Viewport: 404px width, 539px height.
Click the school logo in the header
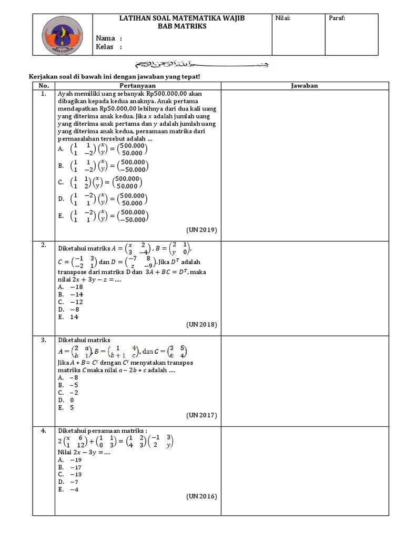click(x=62, y=34)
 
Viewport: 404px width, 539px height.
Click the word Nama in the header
click(x=105, y=38)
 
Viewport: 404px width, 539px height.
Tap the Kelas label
click(x=105, y=47)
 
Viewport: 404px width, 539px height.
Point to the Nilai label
click(x=282, y=18)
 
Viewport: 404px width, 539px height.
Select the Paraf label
click(x=337, y=18)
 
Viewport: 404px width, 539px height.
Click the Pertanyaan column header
click(x=137, y=85)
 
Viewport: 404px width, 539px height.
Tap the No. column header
click(x=44, y=85)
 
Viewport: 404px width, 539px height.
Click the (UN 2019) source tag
click(x=201, y=230)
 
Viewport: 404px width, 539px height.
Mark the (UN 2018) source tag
click(x=201, y=324)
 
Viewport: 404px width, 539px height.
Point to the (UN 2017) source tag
click(x=201, y=415)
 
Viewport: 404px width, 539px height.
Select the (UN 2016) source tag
click(x=201, y=496)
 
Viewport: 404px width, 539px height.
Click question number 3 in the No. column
click(x=44, y=340)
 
